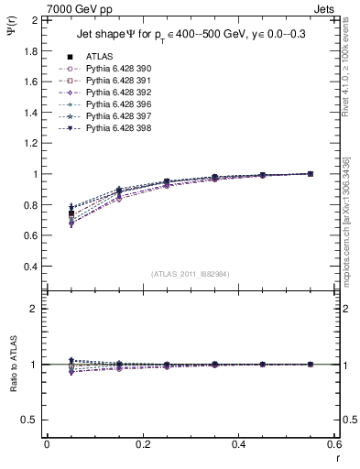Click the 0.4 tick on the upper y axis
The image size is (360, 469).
30,267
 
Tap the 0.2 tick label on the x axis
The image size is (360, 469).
142,444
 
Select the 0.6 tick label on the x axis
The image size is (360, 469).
334,444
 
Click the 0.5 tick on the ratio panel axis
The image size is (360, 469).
30,420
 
